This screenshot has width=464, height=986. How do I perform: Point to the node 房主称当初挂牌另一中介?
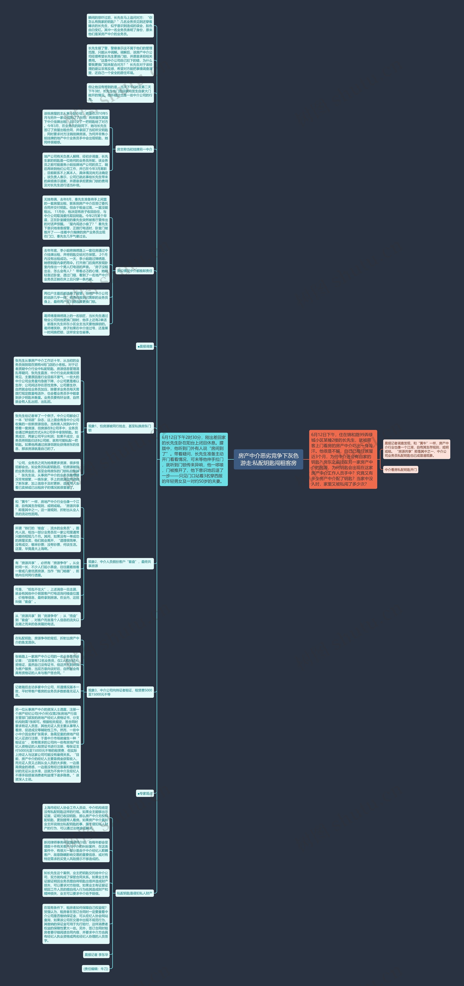134,149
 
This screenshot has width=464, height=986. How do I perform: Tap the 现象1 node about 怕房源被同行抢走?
120,428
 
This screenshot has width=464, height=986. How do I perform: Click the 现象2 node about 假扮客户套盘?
120,564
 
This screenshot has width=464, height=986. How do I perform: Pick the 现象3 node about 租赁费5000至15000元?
120,692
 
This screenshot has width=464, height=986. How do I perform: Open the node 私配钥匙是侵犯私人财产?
134,893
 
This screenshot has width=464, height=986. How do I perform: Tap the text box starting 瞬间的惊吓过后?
120,26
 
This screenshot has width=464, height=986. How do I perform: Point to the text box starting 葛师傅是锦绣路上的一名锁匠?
76,324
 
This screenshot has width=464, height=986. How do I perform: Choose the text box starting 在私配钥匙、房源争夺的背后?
47,640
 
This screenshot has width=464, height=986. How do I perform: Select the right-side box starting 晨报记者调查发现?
417,449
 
